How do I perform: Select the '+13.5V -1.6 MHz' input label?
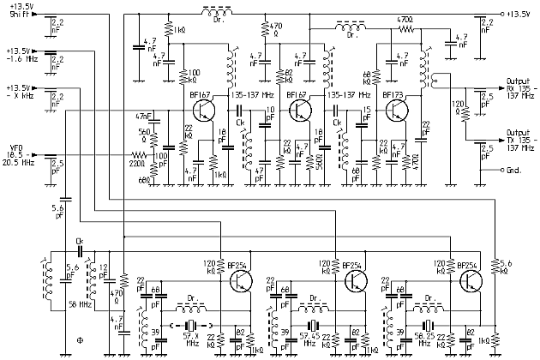click(x=21, y=56)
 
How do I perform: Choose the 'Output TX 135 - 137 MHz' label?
click(x=516, y=139)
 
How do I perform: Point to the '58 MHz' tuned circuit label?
click(x=80, y=304)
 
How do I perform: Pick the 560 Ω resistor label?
click(x=143, y=135)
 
